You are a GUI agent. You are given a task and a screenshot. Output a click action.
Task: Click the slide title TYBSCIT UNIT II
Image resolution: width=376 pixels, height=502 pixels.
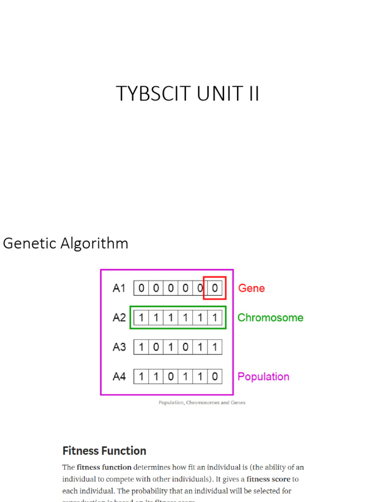pyautogui.click(x=188, y=94)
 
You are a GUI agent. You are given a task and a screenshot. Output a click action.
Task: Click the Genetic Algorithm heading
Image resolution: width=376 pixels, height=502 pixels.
pyautogui.click(x=66, y=243)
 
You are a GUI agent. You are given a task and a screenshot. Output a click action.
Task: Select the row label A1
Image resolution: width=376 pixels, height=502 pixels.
pyautogui.click(x=119, y=288)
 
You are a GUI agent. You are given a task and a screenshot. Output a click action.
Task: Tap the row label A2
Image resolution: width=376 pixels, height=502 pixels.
pyautogui.click(x=119, y=318)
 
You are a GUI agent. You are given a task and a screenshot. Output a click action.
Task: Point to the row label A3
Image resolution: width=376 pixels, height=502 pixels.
pyautogui.click(x=119, y=347)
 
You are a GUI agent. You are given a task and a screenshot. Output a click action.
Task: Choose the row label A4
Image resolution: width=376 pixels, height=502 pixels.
pyautogui.click(x=119, y=376)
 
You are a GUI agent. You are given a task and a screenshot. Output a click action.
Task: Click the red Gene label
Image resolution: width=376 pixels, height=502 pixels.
pyautogui.click(x=251, y=288)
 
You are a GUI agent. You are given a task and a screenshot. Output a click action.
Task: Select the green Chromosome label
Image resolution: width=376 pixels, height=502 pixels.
pyautogui.click(x=270, y=318)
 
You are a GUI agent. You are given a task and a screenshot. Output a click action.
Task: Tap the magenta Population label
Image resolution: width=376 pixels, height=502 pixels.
pyautogui.click(x=263, y=376)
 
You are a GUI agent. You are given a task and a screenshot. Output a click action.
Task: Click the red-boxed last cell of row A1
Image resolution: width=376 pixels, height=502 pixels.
pyautogui.click(x=214, y=288)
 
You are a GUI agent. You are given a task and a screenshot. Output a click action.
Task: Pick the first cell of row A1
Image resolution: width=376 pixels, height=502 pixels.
pyautogui.click(x=141, y=288)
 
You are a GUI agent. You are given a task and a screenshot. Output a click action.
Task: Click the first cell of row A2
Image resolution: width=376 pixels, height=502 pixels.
pyautogui.click(x=141, y=318)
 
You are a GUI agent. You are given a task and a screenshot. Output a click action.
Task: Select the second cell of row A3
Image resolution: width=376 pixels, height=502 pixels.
pyautogui.click(x=156, y=347)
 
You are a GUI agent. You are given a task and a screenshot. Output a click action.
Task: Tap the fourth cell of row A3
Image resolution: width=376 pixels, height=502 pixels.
pyautogui.click(x=185, y=347)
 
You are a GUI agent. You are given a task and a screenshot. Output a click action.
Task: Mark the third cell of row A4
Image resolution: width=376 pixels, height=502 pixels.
pyautogui.click(x=170, y=376)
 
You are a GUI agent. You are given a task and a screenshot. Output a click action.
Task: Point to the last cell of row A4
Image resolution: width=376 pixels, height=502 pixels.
pyautogui.click(x=214, y=376)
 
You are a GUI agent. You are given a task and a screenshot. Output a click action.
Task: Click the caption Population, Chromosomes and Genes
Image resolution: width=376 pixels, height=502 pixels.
pyautogui.click(x=202, y=402)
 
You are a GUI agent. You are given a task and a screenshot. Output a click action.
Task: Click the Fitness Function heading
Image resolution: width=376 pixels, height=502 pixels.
pyautogui.click(x=104, y=451)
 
